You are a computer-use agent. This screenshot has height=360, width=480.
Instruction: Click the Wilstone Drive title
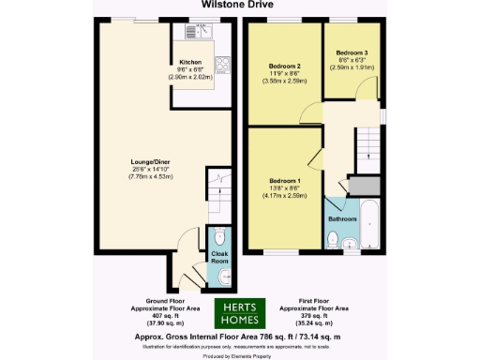click(239, 4)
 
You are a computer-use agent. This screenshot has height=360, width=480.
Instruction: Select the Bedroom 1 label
click(284, 179)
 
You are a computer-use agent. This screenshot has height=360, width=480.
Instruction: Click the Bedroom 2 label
click(284, 67)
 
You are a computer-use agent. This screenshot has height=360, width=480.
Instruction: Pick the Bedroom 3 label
click(352, 52)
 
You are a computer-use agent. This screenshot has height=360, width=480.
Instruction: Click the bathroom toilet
click(334, 239)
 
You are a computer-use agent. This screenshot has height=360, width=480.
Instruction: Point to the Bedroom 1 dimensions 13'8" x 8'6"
click(284, 187)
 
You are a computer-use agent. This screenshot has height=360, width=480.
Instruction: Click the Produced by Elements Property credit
click(239, 356)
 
